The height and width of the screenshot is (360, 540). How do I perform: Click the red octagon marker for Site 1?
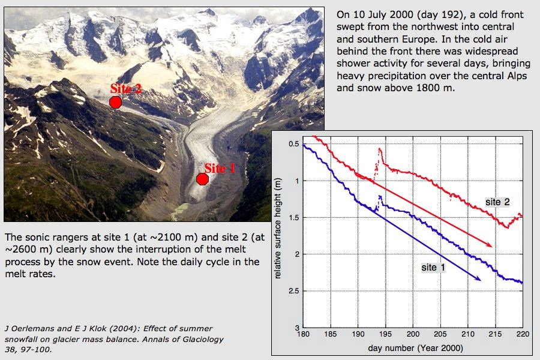(x=202, y=179)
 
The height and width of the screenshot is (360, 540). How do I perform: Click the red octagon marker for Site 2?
(x=115, y=102)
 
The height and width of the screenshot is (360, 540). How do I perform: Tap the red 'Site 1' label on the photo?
(x=220, y=169)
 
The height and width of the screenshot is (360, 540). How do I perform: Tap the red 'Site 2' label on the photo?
(x=126, y=89)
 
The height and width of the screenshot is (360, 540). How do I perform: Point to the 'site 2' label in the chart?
(x=497, y=202)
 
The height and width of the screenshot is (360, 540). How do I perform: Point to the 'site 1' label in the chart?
(x=433, y=267)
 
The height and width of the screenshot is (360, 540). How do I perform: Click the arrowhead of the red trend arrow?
(x=490, y=245)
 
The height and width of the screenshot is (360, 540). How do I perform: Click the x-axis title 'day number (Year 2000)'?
(x=413, y=348)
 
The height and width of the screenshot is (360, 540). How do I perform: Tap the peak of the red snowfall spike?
(x=380, y=148)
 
